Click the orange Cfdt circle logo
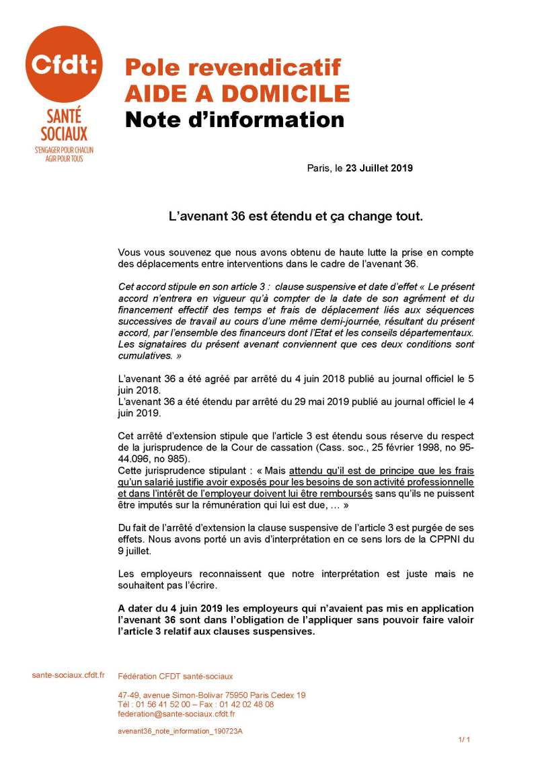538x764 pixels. [64, 65]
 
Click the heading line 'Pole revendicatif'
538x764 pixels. [233, 67]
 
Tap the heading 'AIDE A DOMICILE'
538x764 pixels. [237, 93]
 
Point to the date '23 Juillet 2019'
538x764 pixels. [379, 168]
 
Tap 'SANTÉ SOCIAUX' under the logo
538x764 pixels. [64, 126]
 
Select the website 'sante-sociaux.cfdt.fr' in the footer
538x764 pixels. [64, 675]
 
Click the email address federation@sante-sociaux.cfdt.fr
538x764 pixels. [176, 714]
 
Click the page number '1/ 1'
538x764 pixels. [464, 740]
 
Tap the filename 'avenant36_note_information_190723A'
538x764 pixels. [180, 731]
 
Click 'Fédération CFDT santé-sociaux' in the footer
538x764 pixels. [175, 676]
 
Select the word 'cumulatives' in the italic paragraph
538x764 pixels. [143, 355]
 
